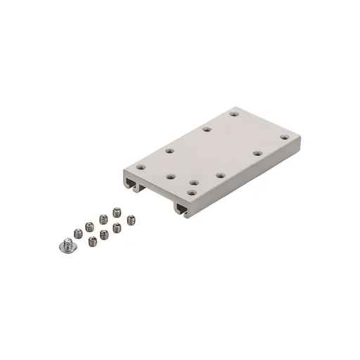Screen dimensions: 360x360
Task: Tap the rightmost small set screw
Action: pos(131,219)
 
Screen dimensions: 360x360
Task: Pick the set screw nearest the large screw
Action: pos(77,232)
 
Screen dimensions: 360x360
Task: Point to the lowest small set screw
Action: pos(93,241)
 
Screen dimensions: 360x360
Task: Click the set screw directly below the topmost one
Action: pos(117,226)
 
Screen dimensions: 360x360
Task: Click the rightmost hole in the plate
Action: pos(284,137)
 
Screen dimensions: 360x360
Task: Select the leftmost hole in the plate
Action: pos(141,167)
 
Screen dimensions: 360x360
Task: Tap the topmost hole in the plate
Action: pos(233,113)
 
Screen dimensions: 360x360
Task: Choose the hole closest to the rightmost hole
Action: pos(257,153)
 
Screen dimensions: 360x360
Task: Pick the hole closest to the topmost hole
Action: pos(206,129)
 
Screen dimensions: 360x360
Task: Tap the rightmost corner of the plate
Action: pos(300,136)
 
